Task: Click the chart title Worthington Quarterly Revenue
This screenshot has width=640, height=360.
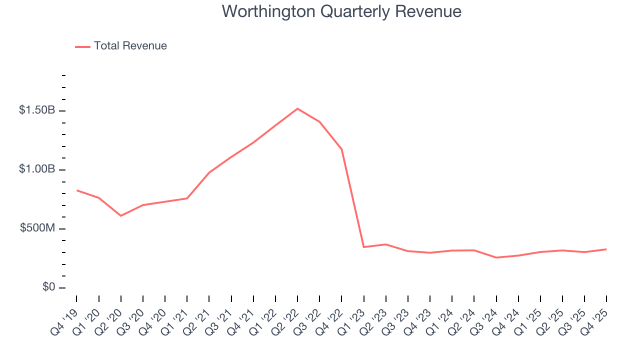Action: (x=341, y=11)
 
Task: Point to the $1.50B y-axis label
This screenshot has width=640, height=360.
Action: (x=37, y=110)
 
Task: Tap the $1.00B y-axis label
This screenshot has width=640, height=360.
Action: (x=37, y=169)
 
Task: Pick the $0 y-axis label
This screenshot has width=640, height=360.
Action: (x=49, y=287)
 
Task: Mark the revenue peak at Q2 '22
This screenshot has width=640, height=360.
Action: (x=297, y=108)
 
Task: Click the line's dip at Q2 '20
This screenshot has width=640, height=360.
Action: (x=121, y=215)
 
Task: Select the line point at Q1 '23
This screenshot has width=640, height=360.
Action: (x=363, y=247)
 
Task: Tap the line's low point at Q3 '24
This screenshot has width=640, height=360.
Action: (x=496, y=257)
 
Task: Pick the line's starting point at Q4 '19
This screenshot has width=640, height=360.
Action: (x=77, y=190)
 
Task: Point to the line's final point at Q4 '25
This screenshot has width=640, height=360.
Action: (x=606, y=249)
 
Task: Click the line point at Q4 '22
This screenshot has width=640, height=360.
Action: (x=341, y=149)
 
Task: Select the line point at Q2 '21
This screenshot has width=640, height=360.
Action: (x=209, y=172)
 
